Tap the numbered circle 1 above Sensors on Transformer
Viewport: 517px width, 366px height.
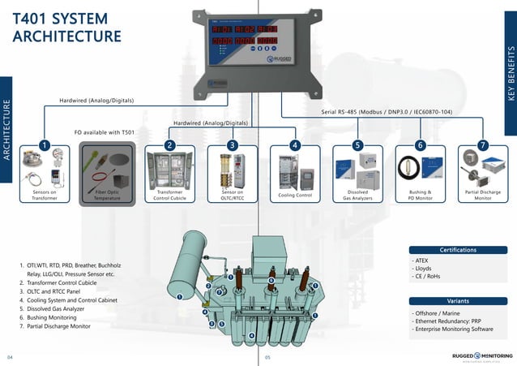pos(44,144)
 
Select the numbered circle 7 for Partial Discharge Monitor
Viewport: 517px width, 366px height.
pos(482,144)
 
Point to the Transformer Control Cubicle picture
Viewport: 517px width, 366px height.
pos(169,169)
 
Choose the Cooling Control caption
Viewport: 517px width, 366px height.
pos(293,196)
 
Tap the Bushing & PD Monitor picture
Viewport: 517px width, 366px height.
pos(419,169)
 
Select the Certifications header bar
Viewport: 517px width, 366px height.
pos(458,250)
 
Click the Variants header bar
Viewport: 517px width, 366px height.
pos(458,300)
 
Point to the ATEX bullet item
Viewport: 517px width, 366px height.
pos(423,261)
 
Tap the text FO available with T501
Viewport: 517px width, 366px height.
pos(105,131)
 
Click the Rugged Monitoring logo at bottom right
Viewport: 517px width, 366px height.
pos(481,355)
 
